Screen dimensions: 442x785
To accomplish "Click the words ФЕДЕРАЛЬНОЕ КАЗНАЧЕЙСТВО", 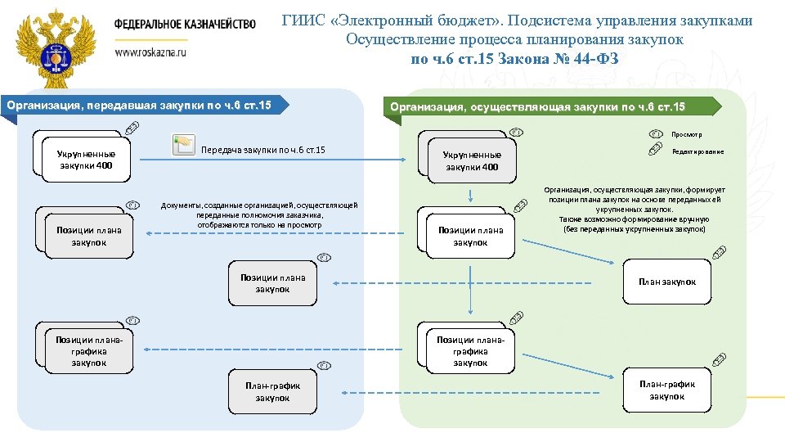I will click(x=185, y=24).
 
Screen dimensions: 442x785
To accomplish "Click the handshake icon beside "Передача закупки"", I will click(x=182, y=145).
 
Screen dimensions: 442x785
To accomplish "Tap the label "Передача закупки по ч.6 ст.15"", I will click(x=262, y=150).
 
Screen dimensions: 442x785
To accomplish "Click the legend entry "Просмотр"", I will click(x=687, y=134).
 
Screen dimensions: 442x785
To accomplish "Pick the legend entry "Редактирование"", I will click(x=697, y=151).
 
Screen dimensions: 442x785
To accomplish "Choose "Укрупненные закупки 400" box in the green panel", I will click(x=471, y=161).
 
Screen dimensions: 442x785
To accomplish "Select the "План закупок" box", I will click(x=667, y=282).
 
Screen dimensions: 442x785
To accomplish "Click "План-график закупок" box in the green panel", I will click(x=667, y=390).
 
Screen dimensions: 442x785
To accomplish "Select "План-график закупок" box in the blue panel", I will click(x=272, y=391).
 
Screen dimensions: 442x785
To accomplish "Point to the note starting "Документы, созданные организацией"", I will click(x=260, y=214).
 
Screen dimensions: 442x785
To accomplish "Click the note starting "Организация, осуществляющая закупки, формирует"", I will click(x=635, y=210).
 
